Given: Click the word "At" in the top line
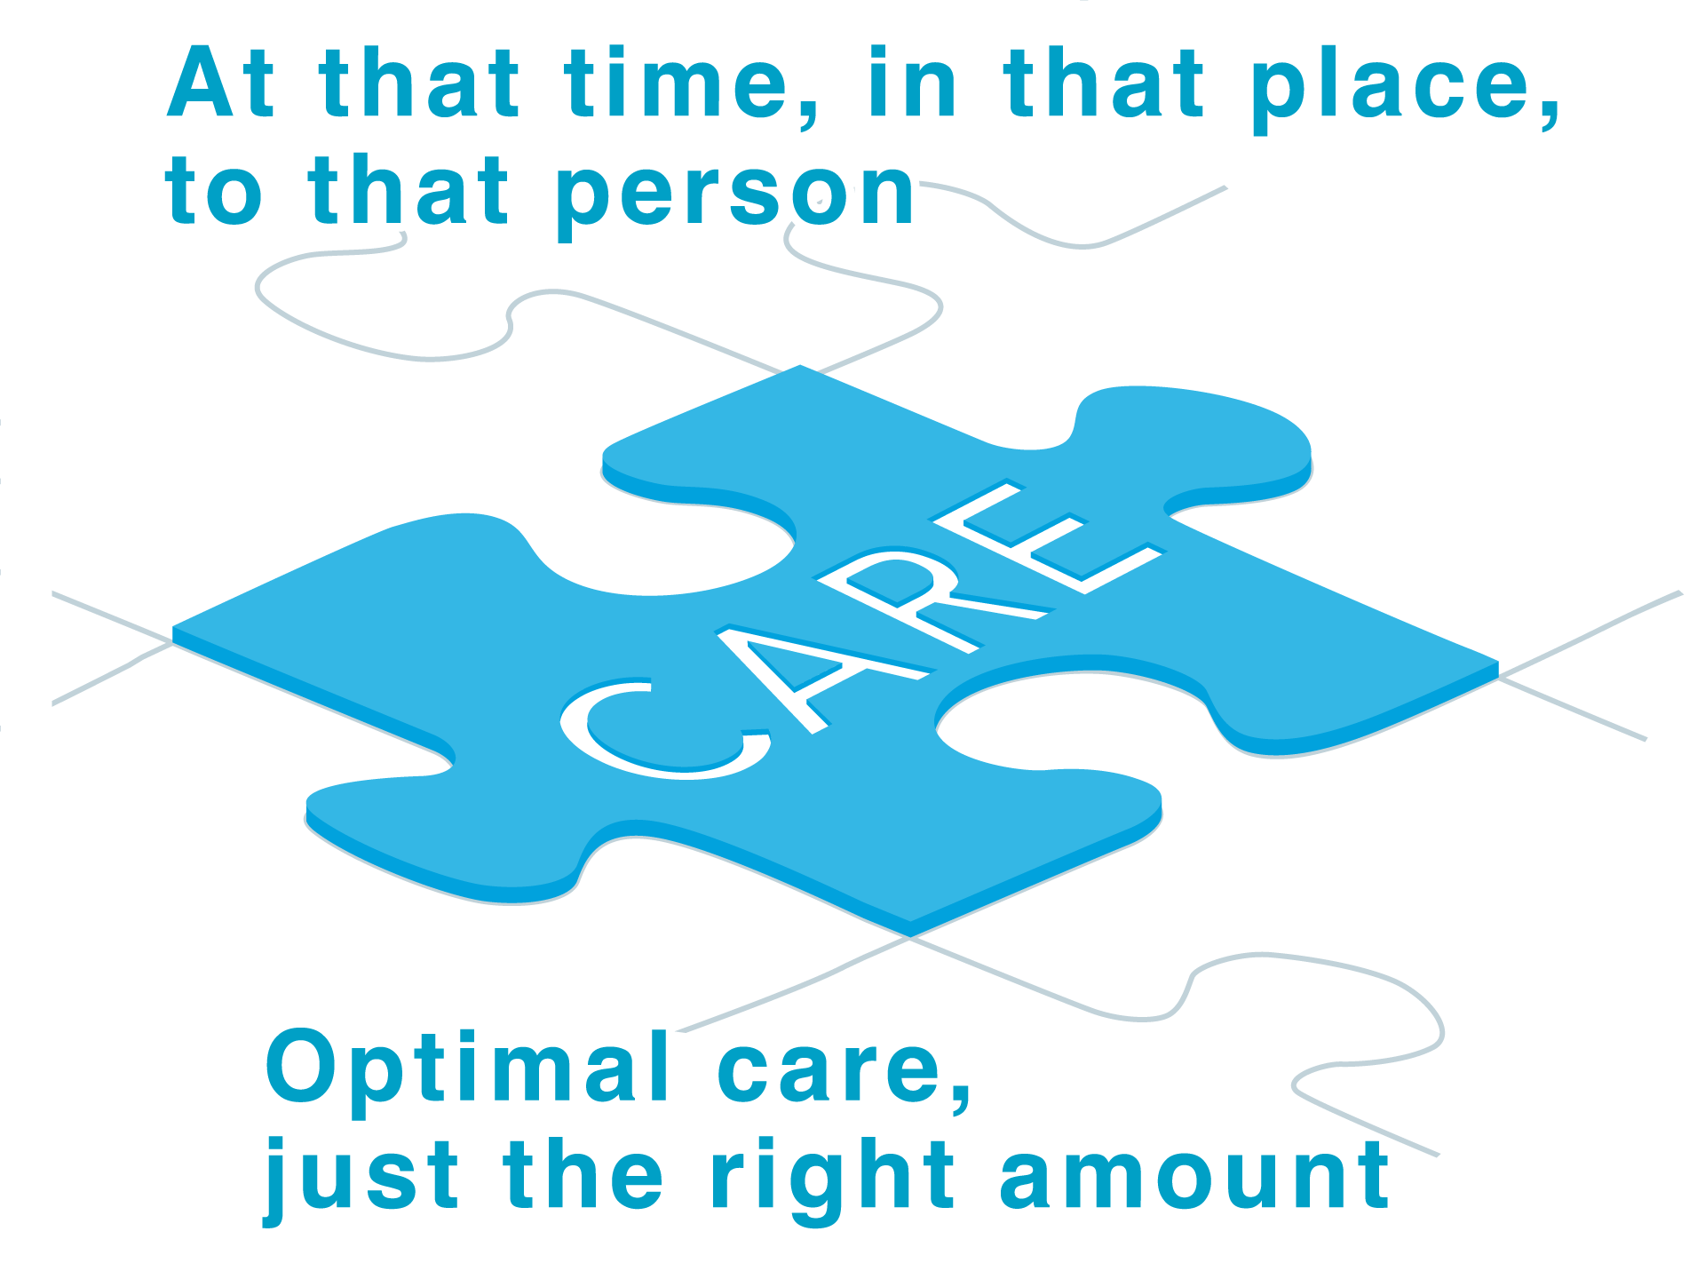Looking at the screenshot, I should pos(220,84).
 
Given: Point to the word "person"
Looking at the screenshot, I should pos(735,194).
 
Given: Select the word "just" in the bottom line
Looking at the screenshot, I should pos(361,1177).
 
